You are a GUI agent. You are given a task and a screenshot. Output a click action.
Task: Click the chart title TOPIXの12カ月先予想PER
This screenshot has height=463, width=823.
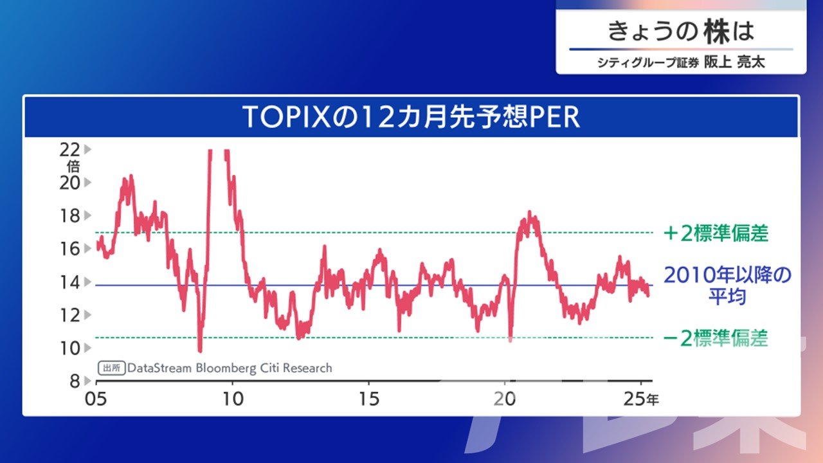pos(411,117)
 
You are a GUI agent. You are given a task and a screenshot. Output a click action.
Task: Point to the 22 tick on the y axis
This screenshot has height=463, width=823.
pos(69,150)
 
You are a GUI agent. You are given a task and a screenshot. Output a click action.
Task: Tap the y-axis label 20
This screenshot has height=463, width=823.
pos(69,183)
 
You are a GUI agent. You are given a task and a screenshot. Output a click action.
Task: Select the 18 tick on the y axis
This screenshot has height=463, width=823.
pos(69,215)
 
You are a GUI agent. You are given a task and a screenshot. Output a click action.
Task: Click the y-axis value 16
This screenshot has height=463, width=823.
pos(69,249)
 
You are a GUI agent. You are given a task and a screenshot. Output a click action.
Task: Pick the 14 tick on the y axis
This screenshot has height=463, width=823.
pos(69,282)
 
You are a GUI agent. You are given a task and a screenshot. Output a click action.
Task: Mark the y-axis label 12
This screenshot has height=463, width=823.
pos(69,315)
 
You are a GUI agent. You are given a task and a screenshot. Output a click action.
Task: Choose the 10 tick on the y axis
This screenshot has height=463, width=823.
pos(69,348)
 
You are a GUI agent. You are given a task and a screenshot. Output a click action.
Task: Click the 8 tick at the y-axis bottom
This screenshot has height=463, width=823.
pos(75,381)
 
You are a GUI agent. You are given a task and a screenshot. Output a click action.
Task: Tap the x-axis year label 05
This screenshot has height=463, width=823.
pos(96,399)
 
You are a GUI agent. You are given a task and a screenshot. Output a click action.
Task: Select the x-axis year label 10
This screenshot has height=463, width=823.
pos(233,399)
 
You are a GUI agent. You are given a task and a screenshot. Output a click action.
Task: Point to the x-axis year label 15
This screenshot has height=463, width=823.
pos(369,399)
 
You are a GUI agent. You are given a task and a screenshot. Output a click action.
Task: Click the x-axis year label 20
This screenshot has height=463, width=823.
pos(505,399)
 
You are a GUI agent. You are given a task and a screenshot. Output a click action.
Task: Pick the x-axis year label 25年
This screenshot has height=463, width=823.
pos(641,399)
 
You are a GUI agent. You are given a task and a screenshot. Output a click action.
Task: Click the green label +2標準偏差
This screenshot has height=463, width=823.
pos(716,233)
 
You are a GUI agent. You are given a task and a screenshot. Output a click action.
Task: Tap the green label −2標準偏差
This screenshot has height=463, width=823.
pos(716,338)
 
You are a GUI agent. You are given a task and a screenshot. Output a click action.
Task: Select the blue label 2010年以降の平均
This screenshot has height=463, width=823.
pos(727,286)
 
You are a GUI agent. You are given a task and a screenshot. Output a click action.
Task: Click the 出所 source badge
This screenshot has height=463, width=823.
pos(112,368)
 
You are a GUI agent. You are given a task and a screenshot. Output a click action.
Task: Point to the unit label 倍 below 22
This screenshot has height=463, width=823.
pos(73,167)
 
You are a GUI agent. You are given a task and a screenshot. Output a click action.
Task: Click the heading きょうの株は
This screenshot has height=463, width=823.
pos(681,32)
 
